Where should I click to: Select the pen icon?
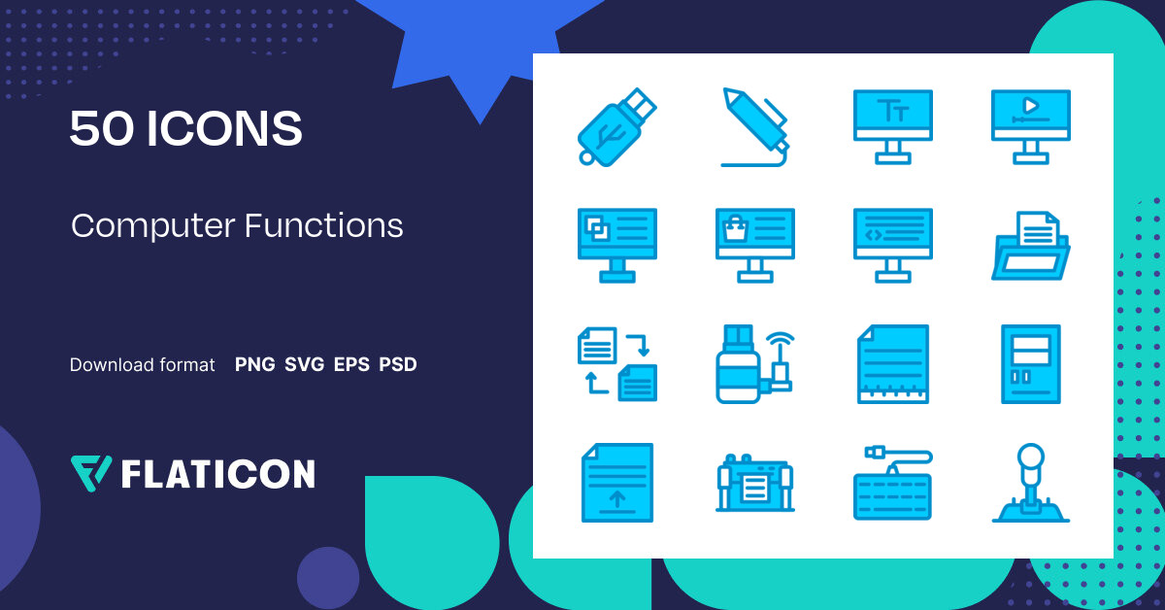753,127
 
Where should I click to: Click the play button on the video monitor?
1030,105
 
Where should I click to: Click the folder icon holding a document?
1030,245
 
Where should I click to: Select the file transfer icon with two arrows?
616,363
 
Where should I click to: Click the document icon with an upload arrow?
616,483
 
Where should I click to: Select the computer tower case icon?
1030,363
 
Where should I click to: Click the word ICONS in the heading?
224,129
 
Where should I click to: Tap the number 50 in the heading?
102,129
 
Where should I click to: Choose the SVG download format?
304,365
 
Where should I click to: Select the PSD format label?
398,365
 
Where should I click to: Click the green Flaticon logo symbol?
91,472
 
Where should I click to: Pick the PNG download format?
254,365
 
